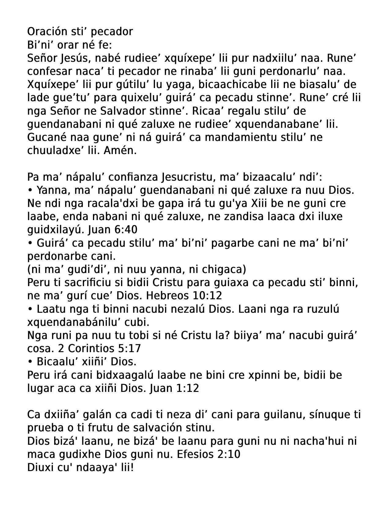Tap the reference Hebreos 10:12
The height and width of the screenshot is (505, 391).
point(184,296)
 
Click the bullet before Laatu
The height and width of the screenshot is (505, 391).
point(30,309)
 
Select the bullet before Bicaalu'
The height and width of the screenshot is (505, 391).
point(30,362)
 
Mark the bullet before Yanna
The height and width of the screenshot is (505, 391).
point(30,190)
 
